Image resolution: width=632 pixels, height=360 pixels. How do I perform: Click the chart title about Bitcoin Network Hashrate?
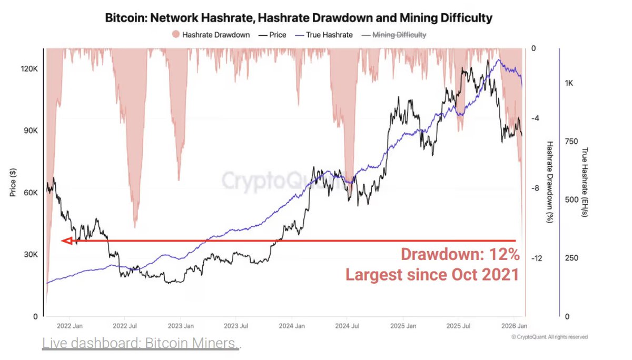(x=299, y=18)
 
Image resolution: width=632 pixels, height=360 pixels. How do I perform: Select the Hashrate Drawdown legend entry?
(x=211, y=35)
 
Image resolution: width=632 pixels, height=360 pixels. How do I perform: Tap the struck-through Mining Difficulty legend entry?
(x=394, y=35)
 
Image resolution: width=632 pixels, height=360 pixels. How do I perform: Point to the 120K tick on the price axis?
(x=29, y=69)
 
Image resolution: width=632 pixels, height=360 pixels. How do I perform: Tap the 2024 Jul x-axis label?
(x=348, y=326)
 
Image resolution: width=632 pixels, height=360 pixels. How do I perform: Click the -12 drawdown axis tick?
(x=537, y=258)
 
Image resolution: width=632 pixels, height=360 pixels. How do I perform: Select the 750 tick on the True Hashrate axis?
(x=572, y=141)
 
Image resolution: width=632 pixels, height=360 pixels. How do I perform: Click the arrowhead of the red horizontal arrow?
(x=66, y=241)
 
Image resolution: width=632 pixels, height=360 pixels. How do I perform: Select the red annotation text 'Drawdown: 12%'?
(x=460, y=255)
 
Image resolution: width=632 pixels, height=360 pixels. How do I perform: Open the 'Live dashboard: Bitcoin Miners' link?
(x=140, y=344)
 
